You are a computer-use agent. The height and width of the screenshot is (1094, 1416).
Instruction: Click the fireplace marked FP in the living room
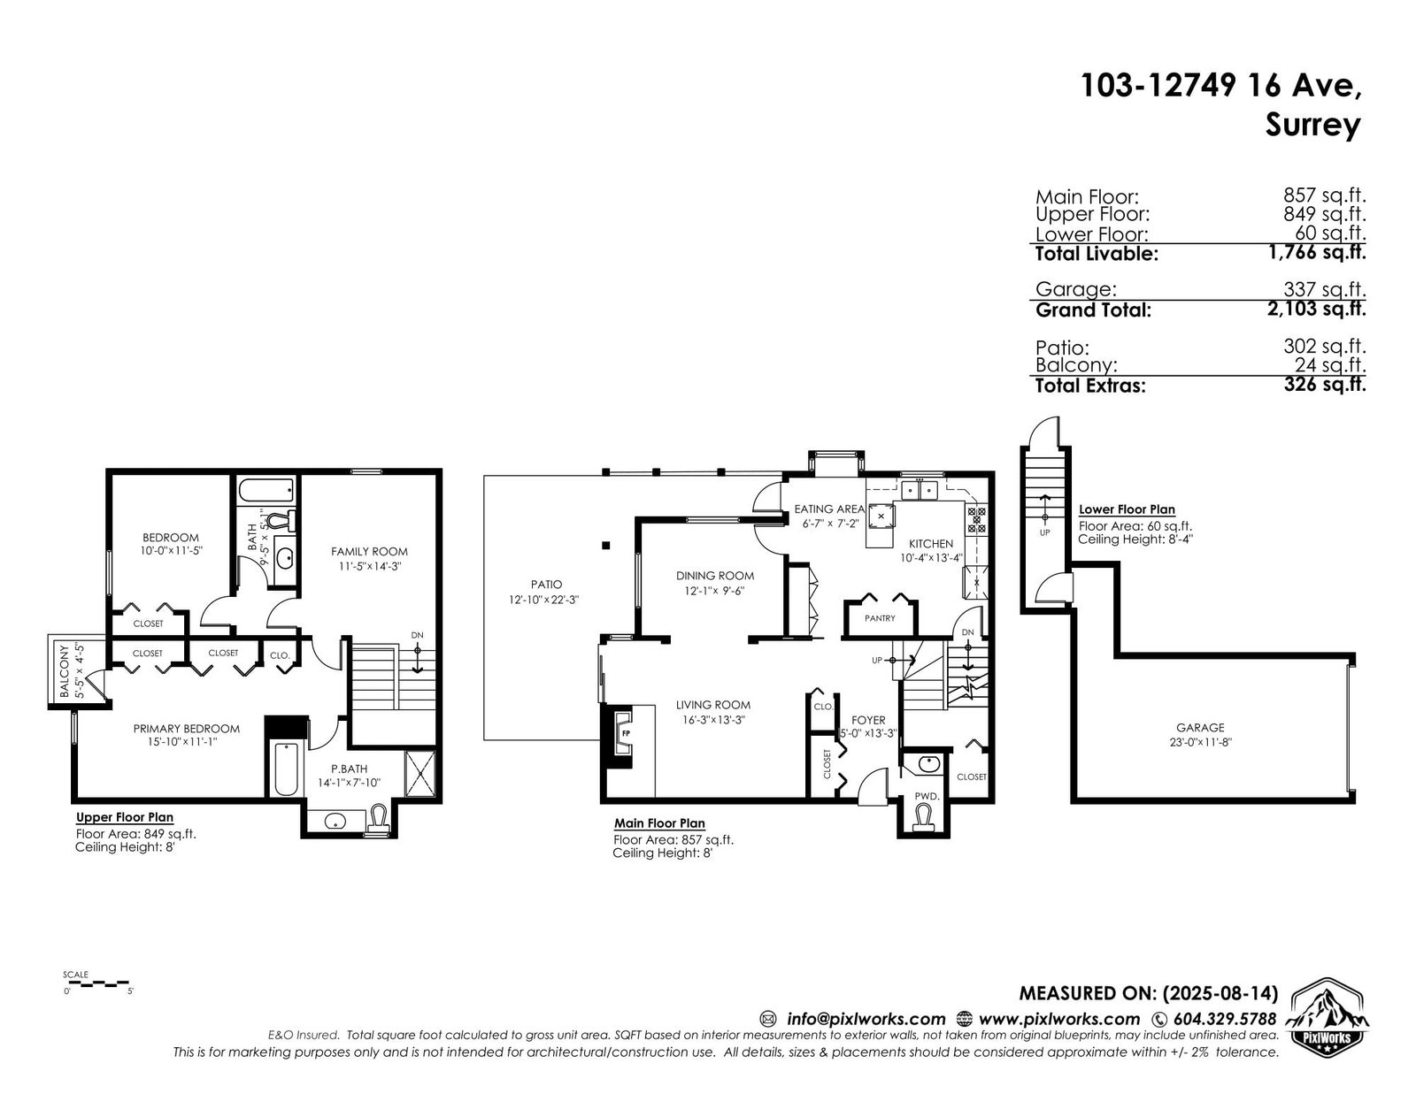[624, 732]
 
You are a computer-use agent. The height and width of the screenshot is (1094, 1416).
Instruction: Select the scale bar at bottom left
[96, 982]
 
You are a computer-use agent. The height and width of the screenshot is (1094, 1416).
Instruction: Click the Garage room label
[1200, 727]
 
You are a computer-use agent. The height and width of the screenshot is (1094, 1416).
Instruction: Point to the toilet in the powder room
[923, 818]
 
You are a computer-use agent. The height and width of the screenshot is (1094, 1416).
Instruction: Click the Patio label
[546, 584]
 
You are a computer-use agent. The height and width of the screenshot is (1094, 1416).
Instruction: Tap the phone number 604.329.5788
[1225, 1019]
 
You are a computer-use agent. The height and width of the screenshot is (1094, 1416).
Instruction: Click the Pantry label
[880, 618]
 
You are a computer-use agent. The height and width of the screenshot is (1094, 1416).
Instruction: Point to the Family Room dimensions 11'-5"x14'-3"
[369, 567]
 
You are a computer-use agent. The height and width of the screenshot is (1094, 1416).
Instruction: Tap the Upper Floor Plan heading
[125, 817]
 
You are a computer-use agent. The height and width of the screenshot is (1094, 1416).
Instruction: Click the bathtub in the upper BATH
[265, 490]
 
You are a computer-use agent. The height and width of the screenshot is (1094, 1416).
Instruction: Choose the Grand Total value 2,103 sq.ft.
[1316, 309]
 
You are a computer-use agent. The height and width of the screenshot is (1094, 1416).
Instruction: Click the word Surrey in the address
[1313, 125]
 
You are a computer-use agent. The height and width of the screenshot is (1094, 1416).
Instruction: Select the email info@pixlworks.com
[866, 1019]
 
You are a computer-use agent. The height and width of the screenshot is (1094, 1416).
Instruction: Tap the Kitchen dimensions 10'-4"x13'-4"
[930, 558]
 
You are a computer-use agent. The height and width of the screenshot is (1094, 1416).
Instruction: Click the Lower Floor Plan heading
[1127, 510]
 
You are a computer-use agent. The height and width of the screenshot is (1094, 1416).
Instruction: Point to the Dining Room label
[715, 576]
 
